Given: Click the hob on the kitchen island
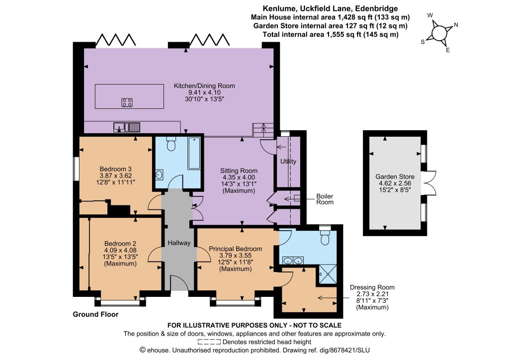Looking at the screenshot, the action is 127,102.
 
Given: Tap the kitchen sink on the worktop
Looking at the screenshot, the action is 127,127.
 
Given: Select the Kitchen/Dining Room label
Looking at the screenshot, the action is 204,86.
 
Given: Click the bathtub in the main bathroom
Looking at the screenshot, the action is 194,153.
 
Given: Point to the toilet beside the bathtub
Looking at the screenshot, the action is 171,144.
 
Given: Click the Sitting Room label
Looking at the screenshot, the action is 239,171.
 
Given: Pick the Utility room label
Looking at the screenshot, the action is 288,161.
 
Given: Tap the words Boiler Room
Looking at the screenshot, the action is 325,199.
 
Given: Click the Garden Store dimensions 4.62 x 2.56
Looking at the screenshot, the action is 395,183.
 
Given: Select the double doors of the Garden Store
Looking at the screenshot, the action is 429,183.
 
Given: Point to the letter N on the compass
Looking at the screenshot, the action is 456,25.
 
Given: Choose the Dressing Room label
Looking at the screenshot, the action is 372,287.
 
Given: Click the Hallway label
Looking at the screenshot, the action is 179,243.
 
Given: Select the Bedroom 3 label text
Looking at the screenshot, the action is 115,169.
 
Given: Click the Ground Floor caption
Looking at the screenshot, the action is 95,314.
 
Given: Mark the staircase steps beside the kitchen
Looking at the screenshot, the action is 263,130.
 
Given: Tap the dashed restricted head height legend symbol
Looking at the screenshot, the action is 209,342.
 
